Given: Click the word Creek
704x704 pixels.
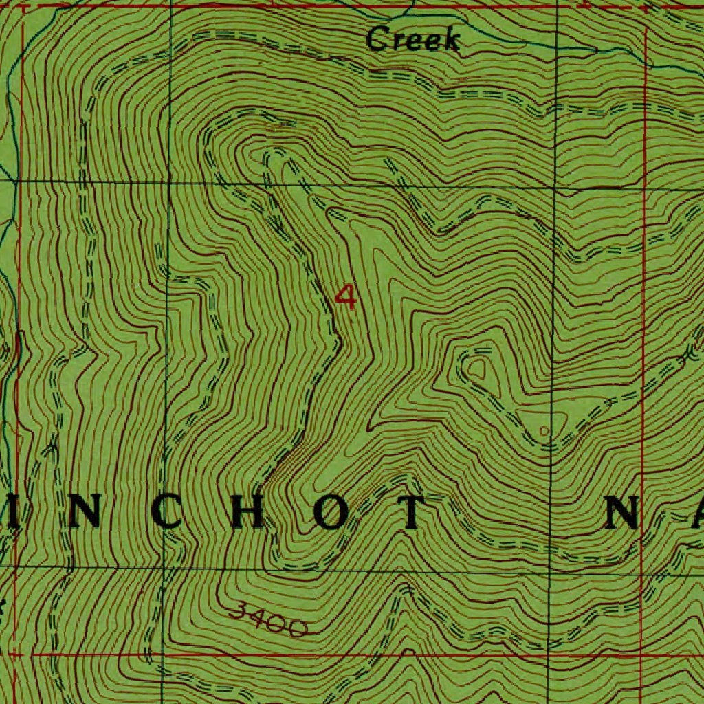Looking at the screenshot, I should pos(412,39).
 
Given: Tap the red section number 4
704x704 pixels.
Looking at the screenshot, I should pos(346,298).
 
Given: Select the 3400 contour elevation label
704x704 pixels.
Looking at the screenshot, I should pos(268,618).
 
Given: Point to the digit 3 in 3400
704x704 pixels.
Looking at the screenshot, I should pos(239,609).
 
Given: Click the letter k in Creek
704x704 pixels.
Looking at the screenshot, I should pos(450,41).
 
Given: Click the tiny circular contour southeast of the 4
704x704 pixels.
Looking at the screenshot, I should pos(544,432).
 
